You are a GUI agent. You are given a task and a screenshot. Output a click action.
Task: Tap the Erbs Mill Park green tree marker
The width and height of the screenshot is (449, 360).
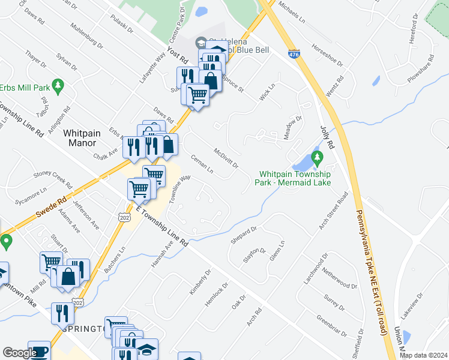click(x=58, y=86)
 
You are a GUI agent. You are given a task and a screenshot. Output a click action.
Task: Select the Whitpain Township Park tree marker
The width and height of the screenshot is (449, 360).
click(x=318, y=159)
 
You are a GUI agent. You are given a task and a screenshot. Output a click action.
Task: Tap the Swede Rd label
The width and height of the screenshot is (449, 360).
click(x=53, y=206)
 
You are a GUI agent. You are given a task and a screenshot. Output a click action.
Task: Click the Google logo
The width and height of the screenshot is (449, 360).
click(x=19, y=353)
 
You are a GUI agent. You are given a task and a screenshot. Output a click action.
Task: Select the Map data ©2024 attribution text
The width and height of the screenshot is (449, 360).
click(x=423, y=355)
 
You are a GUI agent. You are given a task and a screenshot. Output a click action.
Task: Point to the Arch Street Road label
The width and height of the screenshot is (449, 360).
click(x=334, y=211)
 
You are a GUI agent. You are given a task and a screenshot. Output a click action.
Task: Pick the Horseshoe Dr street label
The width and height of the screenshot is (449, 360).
click(x=327, y=55)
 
